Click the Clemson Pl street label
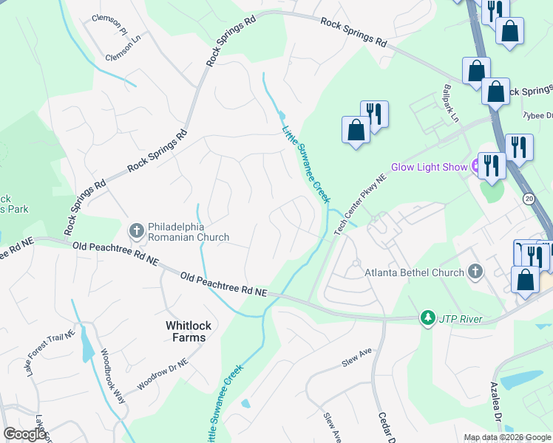pos(109,18)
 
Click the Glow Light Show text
pos(429,168)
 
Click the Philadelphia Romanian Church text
pos(188,232)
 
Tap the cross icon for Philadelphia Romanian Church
pos(136,231)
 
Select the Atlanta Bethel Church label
pos(415,272)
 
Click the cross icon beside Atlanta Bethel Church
pos(475,272)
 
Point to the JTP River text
pos(461,318)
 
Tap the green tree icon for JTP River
pos(427,318)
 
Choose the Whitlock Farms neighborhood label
pos(185,331)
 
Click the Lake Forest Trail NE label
pos(52,354)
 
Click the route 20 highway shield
pos(528,199)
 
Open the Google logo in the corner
pos(25,434)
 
